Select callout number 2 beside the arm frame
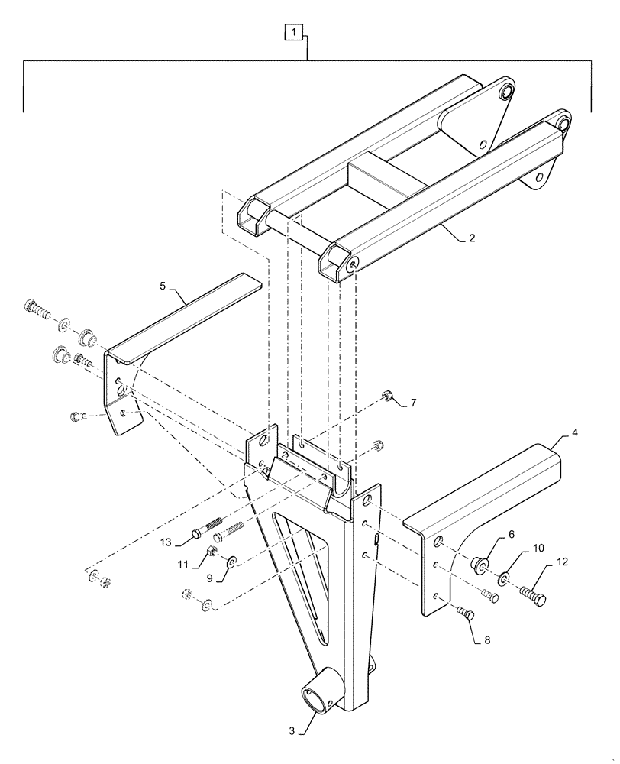(x=473, y=238)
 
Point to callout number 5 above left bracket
(x=163, y=286)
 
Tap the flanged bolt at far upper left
(x=37, y=308)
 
